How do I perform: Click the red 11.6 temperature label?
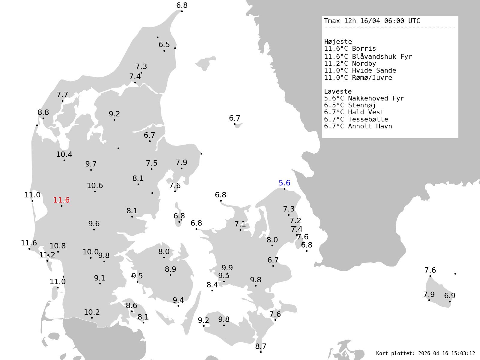point(61,200)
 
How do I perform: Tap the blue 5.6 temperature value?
point(284,183)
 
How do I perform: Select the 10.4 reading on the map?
point(64,154)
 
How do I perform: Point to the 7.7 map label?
point(62,95)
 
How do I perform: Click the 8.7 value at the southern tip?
point(261,346)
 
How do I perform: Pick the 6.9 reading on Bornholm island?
point(450,296)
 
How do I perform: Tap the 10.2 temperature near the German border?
point(92,312)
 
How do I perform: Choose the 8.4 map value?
point(212,285)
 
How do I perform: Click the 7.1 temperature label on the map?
point(240,224)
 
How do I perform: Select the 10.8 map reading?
point(58,246)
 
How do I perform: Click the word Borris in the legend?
point(364,49)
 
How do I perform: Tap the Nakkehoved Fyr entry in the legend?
point(376,98)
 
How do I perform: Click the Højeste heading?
point(338,42)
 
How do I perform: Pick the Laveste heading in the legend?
point(338,91)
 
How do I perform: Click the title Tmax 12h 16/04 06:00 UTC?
point(372,21)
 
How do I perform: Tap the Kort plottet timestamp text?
point(425,353)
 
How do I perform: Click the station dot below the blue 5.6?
point(284,189)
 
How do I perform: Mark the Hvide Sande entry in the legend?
point(374,70)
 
